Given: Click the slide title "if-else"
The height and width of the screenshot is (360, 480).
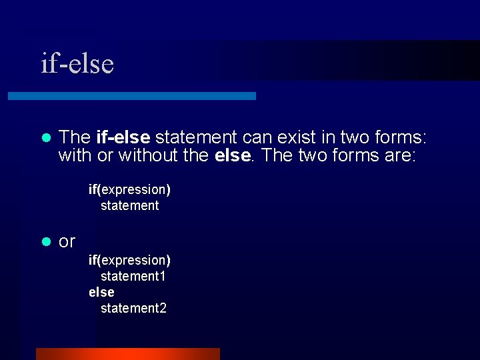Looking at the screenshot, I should pos(77,63).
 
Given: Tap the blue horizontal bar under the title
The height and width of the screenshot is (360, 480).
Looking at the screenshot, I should pos(131,96).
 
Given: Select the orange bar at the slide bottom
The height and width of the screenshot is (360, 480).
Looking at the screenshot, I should pos(127,353).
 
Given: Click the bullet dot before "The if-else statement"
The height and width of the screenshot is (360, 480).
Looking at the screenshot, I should pos(46,138).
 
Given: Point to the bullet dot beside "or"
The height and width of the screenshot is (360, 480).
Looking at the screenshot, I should pos(46,241).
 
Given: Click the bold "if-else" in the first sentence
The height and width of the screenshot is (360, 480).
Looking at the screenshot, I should pos(123,137).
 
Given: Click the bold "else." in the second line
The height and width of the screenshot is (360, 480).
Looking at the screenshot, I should pos(233,156).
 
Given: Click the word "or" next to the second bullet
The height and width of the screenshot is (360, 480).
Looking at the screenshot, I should pos(67,241).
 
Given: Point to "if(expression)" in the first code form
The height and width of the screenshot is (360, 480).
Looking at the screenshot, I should pos(129,189).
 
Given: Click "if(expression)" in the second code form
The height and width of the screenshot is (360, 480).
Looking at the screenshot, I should pos(129,259).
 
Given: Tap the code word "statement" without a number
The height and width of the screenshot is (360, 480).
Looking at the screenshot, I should pos(129,205).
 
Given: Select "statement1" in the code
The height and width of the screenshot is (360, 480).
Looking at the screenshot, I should pos(133,275).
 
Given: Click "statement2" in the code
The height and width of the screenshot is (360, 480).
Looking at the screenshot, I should pos(133,308).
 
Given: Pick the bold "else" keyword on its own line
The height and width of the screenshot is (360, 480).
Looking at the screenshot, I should pos(101,292).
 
